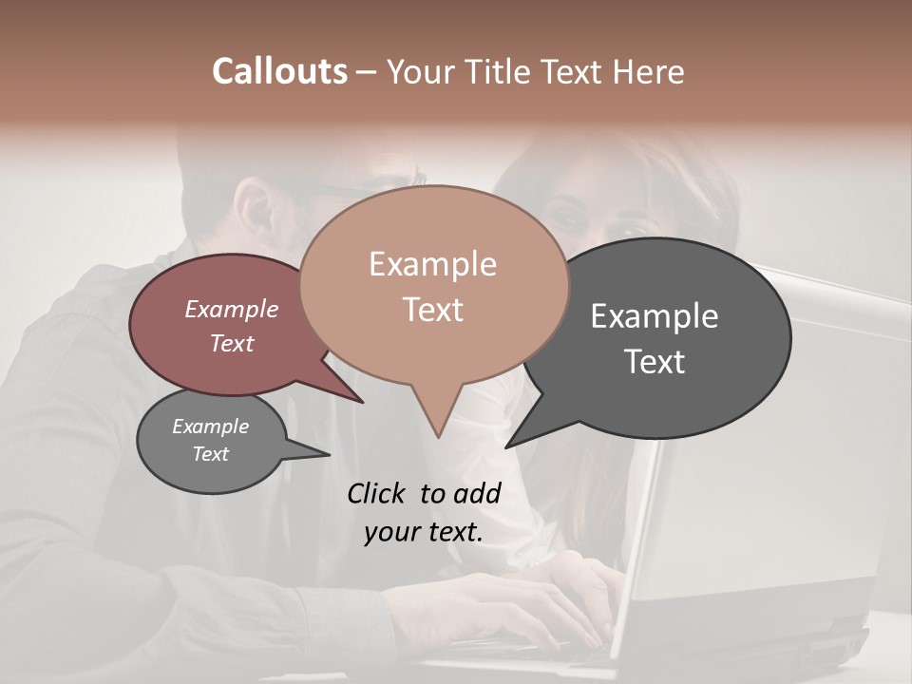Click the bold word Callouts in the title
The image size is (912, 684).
coord(279,71)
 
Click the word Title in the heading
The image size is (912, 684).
coord(501,71)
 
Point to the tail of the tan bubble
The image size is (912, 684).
coord(437,418)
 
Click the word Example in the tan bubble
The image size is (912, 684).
coord(432,264)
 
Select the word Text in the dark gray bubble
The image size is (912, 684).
coord(655,361)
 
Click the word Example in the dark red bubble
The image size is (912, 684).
coord(231,309)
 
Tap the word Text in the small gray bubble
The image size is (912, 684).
coord(210,454)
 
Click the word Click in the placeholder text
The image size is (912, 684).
coord(378,493)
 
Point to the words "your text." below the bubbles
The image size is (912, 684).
coord(423,532)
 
